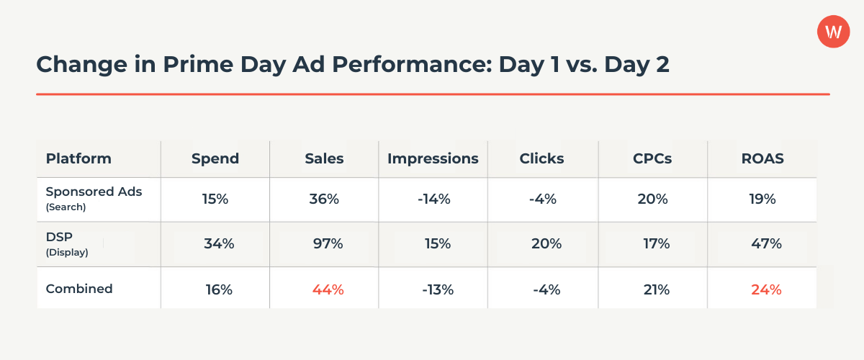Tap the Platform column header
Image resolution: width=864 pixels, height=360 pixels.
[x=78, y=158]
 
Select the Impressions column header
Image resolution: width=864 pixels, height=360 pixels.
[x=433, y=158]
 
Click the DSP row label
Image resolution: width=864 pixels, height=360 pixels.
[x=59, y=238]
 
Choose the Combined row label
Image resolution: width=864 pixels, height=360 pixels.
[x=79, y=289]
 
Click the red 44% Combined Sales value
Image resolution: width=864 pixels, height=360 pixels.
[x=328, y=289]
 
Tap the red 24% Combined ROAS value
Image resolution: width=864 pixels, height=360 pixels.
[x=766, y=289]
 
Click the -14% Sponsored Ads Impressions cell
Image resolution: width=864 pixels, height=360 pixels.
[x=433, y=199]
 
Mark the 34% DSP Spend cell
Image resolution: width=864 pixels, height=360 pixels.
[x=219, y=244]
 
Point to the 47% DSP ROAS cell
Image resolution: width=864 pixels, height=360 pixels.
[x=766, y=244]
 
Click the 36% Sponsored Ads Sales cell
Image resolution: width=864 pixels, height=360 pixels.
[x=323, y=199]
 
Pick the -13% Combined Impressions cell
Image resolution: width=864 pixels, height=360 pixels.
[x=437, y=289]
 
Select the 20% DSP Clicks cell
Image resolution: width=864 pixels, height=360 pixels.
[x=546, y=244]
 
